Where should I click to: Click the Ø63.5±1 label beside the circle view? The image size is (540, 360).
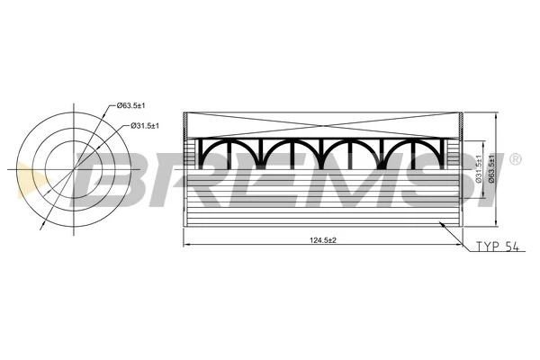138,105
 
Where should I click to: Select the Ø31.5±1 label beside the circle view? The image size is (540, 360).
144,124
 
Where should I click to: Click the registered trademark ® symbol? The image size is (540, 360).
515,159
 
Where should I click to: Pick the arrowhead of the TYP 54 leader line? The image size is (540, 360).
438,222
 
